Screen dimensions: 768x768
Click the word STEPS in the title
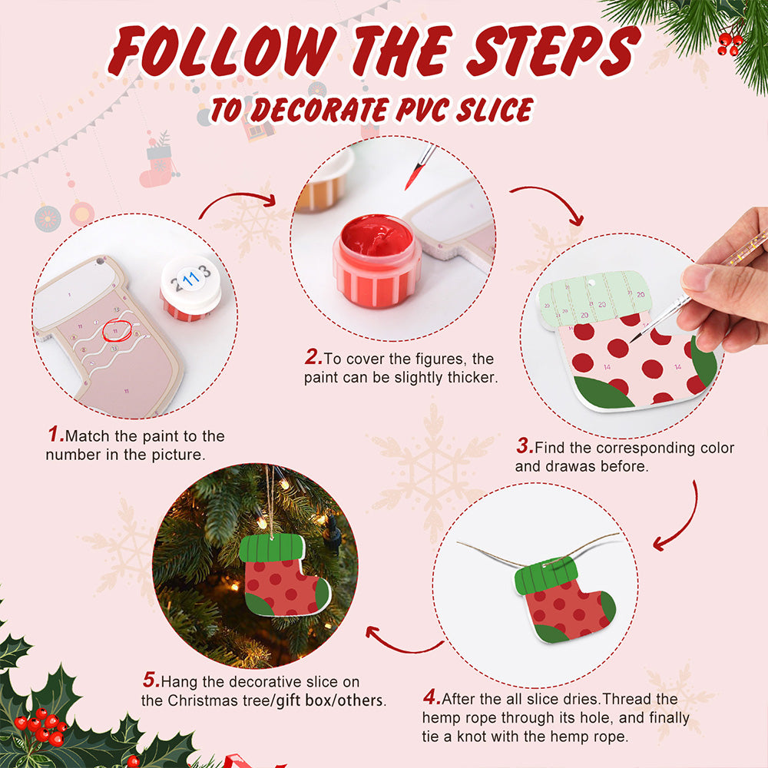(554, 51)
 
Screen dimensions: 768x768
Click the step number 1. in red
(56, 434)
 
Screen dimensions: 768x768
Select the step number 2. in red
(313, 357)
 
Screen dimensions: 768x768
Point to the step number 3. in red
(525, 445)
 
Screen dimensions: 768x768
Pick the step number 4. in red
(432, 697)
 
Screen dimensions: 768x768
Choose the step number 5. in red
(151, 680)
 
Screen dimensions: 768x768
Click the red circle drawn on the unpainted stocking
(117, 330)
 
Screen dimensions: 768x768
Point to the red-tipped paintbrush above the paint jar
(420, 167)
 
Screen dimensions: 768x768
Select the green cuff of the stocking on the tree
(272, 548)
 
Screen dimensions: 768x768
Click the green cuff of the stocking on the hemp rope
(547, 575)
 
